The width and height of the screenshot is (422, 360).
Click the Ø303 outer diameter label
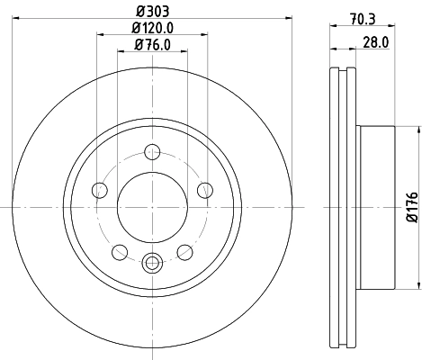151,13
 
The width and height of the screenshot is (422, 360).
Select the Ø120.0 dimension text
151,29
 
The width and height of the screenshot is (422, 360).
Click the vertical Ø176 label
411,207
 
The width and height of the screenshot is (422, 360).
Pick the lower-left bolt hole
119,251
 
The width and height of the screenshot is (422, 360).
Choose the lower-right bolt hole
184,251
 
